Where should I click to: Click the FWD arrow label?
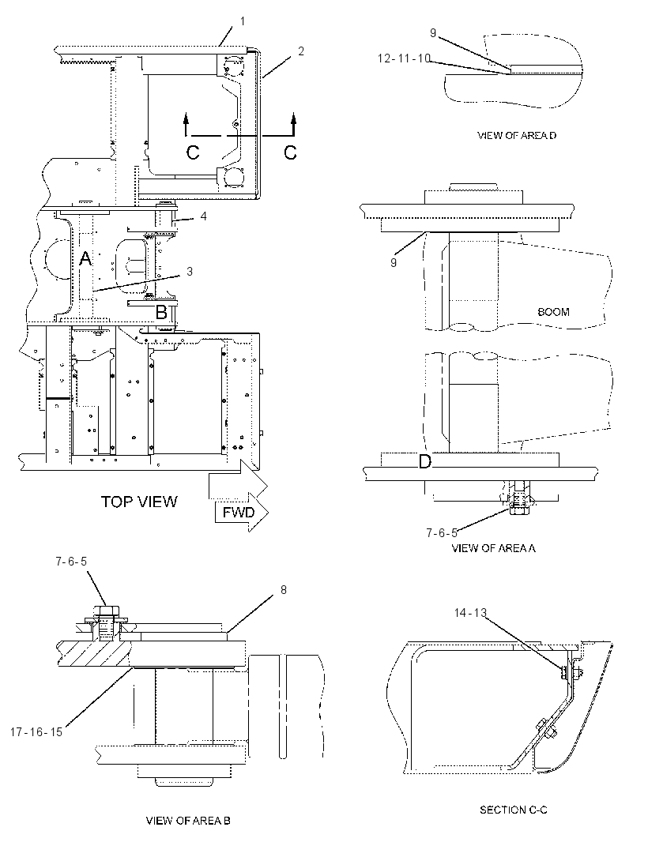click(239, 513)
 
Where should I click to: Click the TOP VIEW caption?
click(139, 502)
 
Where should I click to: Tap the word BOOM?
click(553, 312)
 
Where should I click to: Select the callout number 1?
click(243, 21)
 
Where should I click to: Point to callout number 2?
click(301, 51)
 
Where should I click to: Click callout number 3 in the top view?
click(189, 272)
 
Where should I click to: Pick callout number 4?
click(203, 216)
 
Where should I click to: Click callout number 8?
click(283, 589)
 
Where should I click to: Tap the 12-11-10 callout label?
click(404, 58)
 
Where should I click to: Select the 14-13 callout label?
click(470, 613)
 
